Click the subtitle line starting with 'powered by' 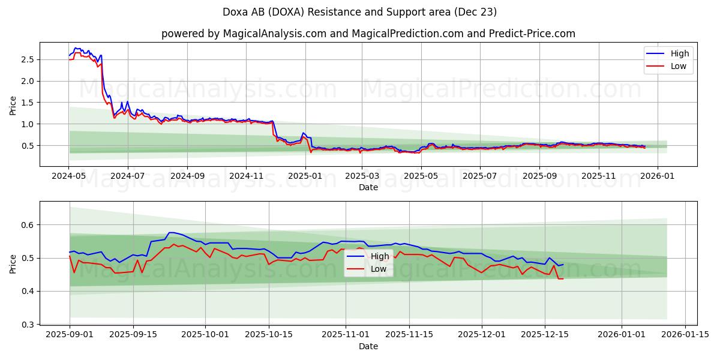368,34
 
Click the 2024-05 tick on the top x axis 69,177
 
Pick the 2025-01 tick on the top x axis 305,177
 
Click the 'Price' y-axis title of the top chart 13,105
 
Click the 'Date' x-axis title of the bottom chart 368,346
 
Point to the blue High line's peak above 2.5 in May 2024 76,48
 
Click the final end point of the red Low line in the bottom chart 563,278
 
